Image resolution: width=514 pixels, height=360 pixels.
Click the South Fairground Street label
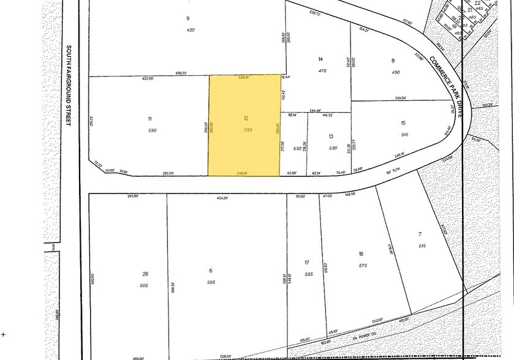pyautogui.click(x=69, y=85)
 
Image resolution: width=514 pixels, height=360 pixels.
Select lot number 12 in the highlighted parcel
pyautogui.click(x=246, y=118)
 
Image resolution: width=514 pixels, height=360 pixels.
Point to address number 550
pyautogui.click(x=248, y=130)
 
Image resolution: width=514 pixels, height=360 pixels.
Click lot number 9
pyautogui.click(x=189, y=18)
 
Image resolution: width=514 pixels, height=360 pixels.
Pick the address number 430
pyautogui.click(x=190, y=30)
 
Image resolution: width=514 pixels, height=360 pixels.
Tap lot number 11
pyautogui.click(x=149, y=118)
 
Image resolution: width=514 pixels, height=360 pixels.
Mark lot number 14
pyautogui.click(x=320, y=59)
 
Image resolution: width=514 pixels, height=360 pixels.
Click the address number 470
pyautogui.click(x=322, y=70)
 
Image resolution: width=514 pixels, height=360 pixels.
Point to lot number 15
pyautogui.click(x=403, y=123)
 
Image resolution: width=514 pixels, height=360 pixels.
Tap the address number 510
pyautogui.click(x=404, y=135)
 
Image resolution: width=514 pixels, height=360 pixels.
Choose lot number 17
pyautogui.click(x=307, y=263)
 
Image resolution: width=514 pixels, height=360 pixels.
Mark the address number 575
pyautogui.click(x=363, y=265)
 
